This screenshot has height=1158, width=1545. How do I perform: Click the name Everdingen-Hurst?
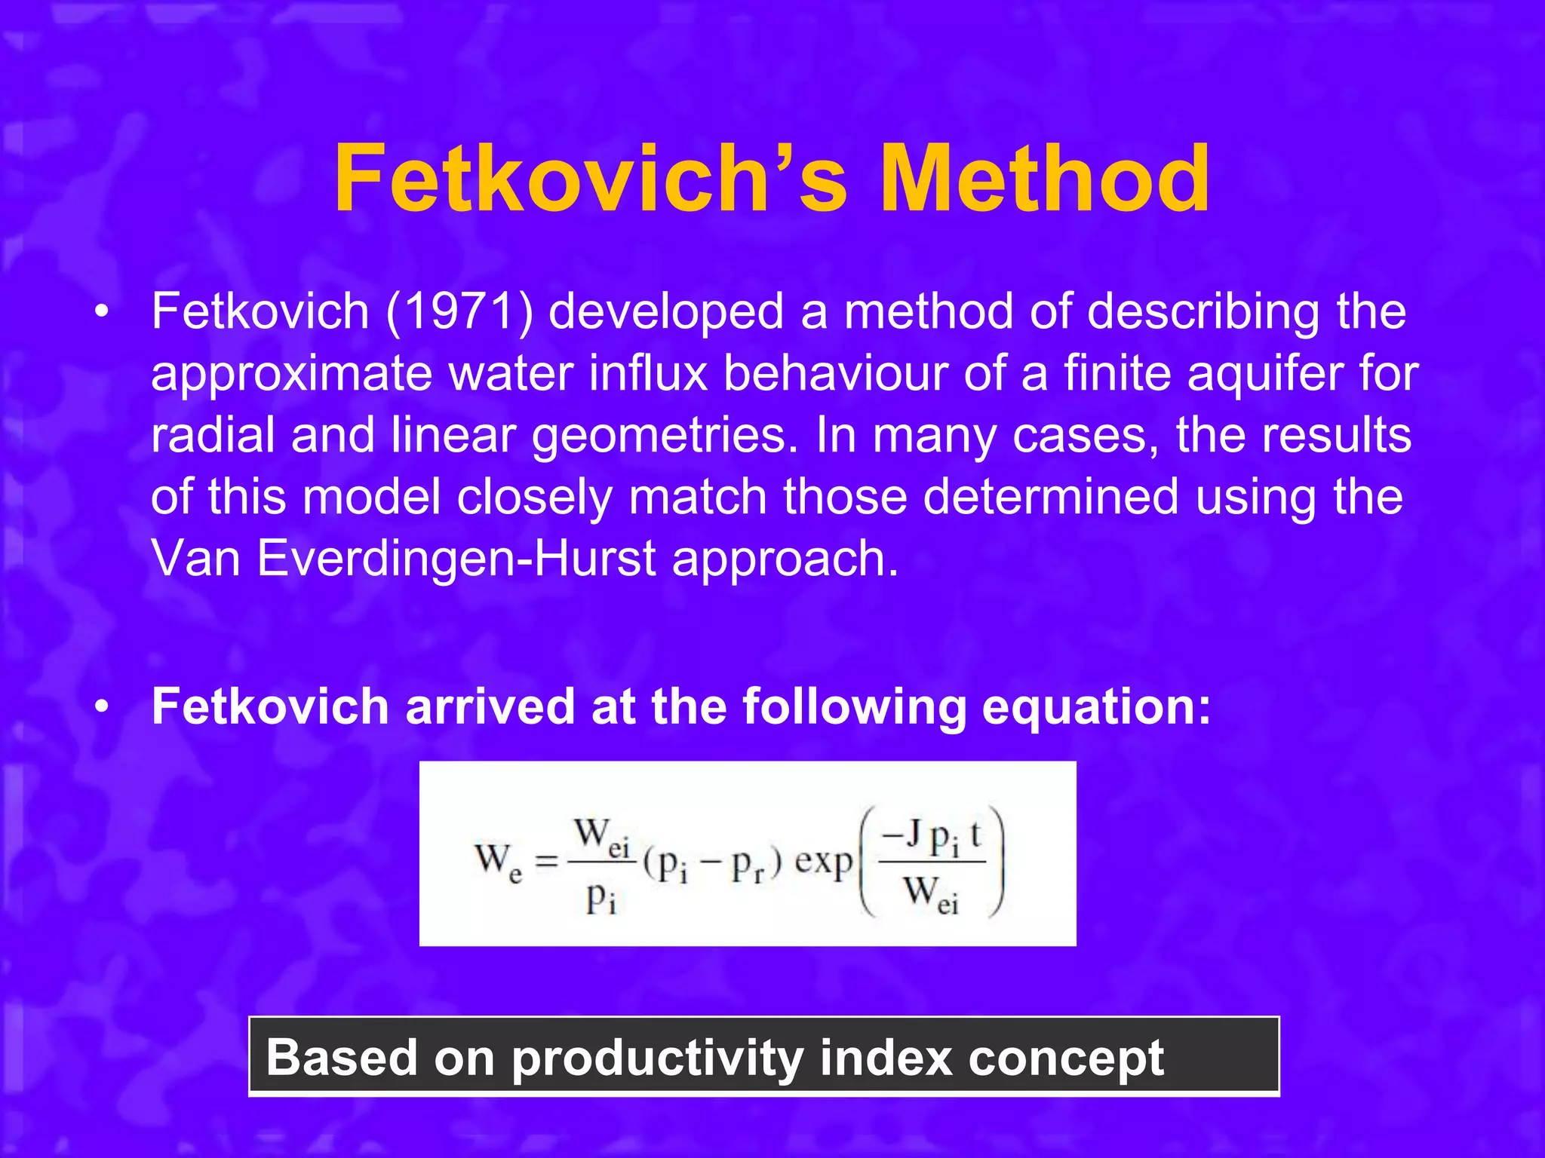(456, 559)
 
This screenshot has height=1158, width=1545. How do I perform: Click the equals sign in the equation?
(546, 861)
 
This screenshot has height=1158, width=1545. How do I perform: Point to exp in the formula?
(823, 861)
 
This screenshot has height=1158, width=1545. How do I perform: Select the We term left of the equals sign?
(498, 861)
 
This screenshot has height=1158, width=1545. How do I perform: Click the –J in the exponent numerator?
(901, 834)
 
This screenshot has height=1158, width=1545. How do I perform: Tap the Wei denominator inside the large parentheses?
(931, 893)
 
